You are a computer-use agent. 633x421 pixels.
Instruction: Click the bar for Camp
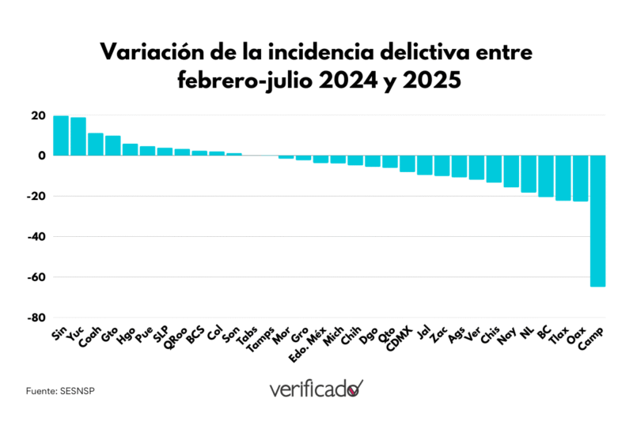[597, 220]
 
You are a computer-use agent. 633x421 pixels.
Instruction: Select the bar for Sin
[61, 136]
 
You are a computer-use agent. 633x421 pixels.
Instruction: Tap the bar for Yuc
[78, 137]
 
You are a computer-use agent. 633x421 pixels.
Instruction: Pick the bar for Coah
[96, 145]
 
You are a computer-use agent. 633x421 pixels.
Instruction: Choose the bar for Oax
[580, 179]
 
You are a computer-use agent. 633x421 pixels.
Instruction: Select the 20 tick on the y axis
[38, 115]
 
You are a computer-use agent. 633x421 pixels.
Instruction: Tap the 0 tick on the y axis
[41, 156]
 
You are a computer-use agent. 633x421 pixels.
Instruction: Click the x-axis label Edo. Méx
[309, 346]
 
